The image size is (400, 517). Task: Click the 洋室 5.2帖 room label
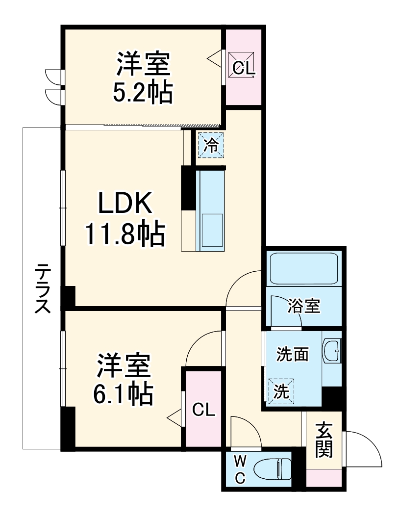(x=143, y=78)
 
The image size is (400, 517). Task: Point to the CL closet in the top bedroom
(x=244, y=68)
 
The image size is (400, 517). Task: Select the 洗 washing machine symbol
(x=281, y=391)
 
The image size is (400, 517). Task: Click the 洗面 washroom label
(x=292, y=354)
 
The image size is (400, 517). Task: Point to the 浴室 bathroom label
(x=304, y=307)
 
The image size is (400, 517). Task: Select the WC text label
(x=240, y=470)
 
